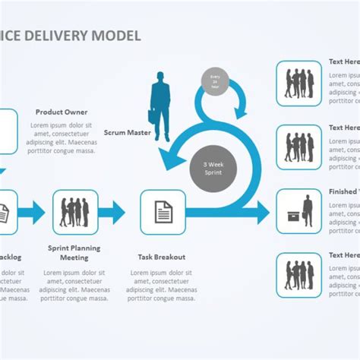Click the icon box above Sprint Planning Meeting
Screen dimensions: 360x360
[75, 212]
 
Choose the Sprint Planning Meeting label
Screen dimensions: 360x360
[74, 253]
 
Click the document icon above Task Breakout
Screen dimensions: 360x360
[163, 212]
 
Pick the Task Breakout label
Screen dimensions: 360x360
[161, 257]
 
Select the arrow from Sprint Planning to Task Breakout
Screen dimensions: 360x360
[112, 212]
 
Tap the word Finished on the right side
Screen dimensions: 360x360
[343, 192]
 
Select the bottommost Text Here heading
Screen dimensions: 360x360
[343, 255]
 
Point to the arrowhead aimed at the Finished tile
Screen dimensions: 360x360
[262, 212]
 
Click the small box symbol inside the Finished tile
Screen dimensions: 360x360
[292, 217]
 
